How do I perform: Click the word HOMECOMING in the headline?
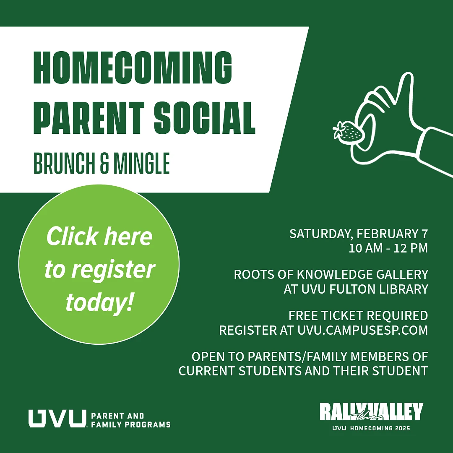(133, 69)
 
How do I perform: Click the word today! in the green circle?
(99, 302)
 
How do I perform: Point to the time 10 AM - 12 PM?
(388, 248)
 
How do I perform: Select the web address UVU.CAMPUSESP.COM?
(363, 330)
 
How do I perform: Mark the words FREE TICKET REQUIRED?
(358, 315)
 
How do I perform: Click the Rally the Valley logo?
(371, 412)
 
